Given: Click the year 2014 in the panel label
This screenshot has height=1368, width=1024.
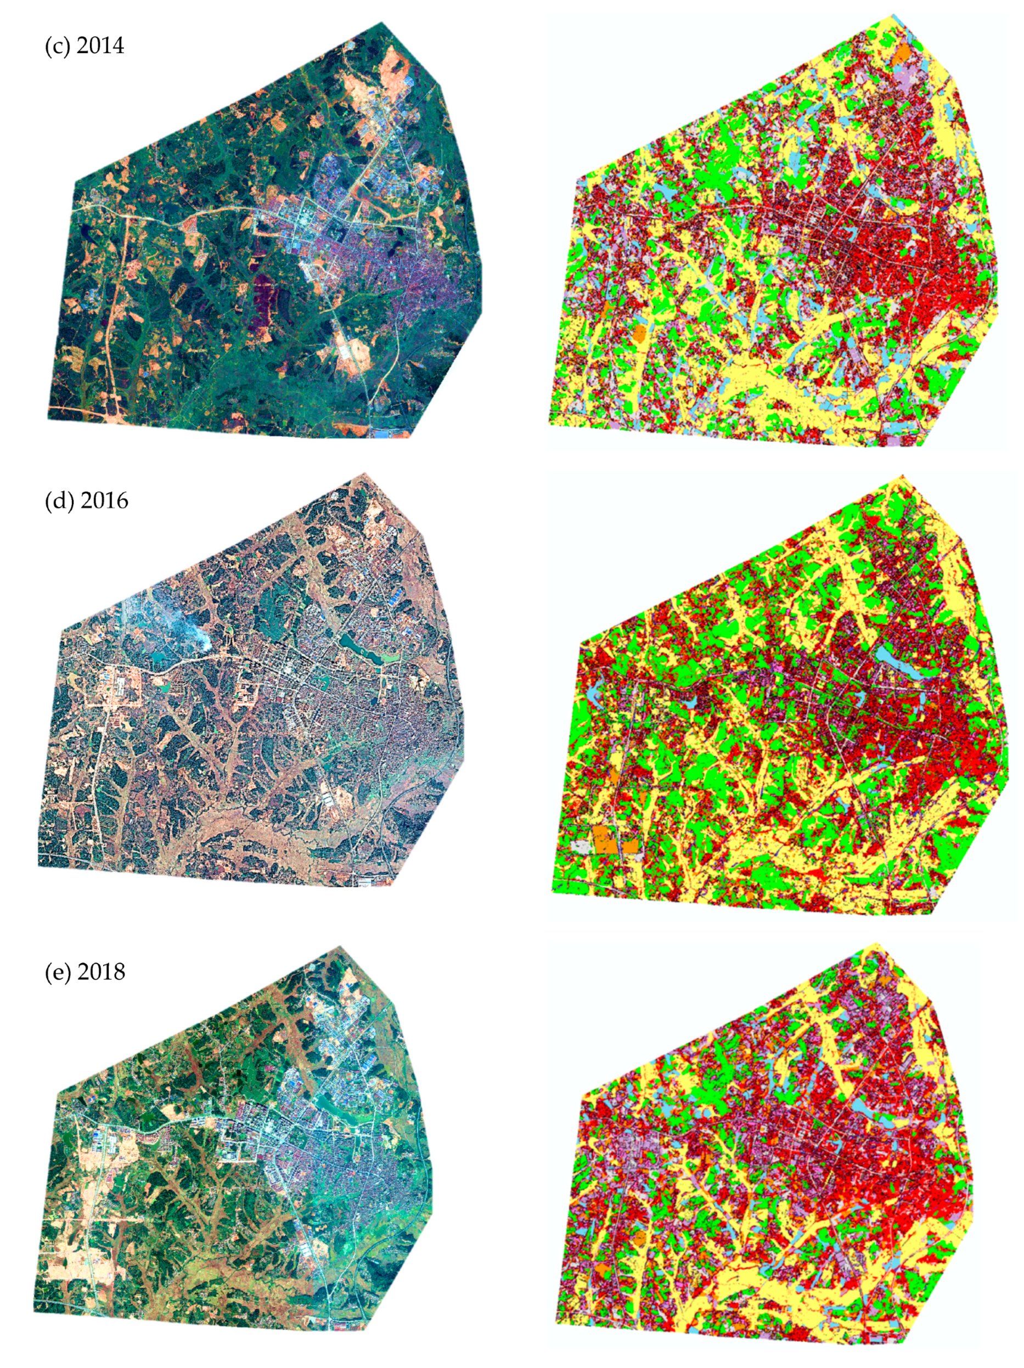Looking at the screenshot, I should pos(100,47).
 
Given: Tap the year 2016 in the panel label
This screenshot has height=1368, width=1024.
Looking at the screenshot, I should pos(104,500).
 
